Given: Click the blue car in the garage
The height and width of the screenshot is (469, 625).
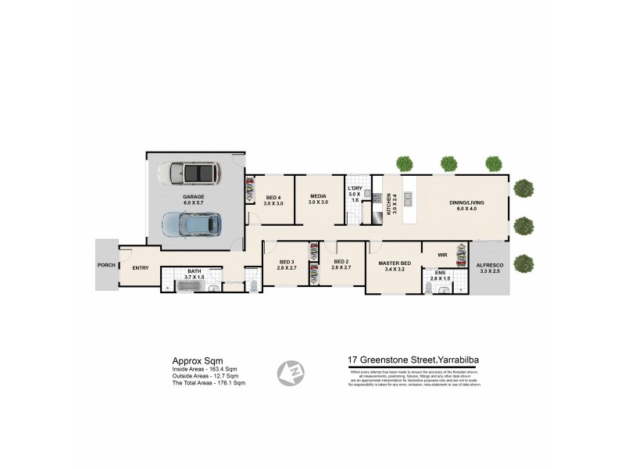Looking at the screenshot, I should tap(192, 224).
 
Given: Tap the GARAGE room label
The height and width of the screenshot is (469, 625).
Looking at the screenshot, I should tap(194, 199).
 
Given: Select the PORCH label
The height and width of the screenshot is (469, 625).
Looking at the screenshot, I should tap(106, 265).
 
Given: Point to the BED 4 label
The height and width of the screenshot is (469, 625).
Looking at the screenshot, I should tap(273, 197).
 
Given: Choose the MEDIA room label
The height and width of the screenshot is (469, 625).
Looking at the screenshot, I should tap(316, 197).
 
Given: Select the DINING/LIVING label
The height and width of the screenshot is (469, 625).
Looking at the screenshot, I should tap(466, 203).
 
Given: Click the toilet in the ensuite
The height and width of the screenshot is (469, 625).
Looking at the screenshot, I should tap(444, 290).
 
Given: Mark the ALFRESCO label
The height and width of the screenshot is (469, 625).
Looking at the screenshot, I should tap(491, 266).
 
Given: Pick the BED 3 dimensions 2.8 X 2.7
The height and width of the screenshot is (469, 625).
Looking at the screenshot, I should tap(287, 268).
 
